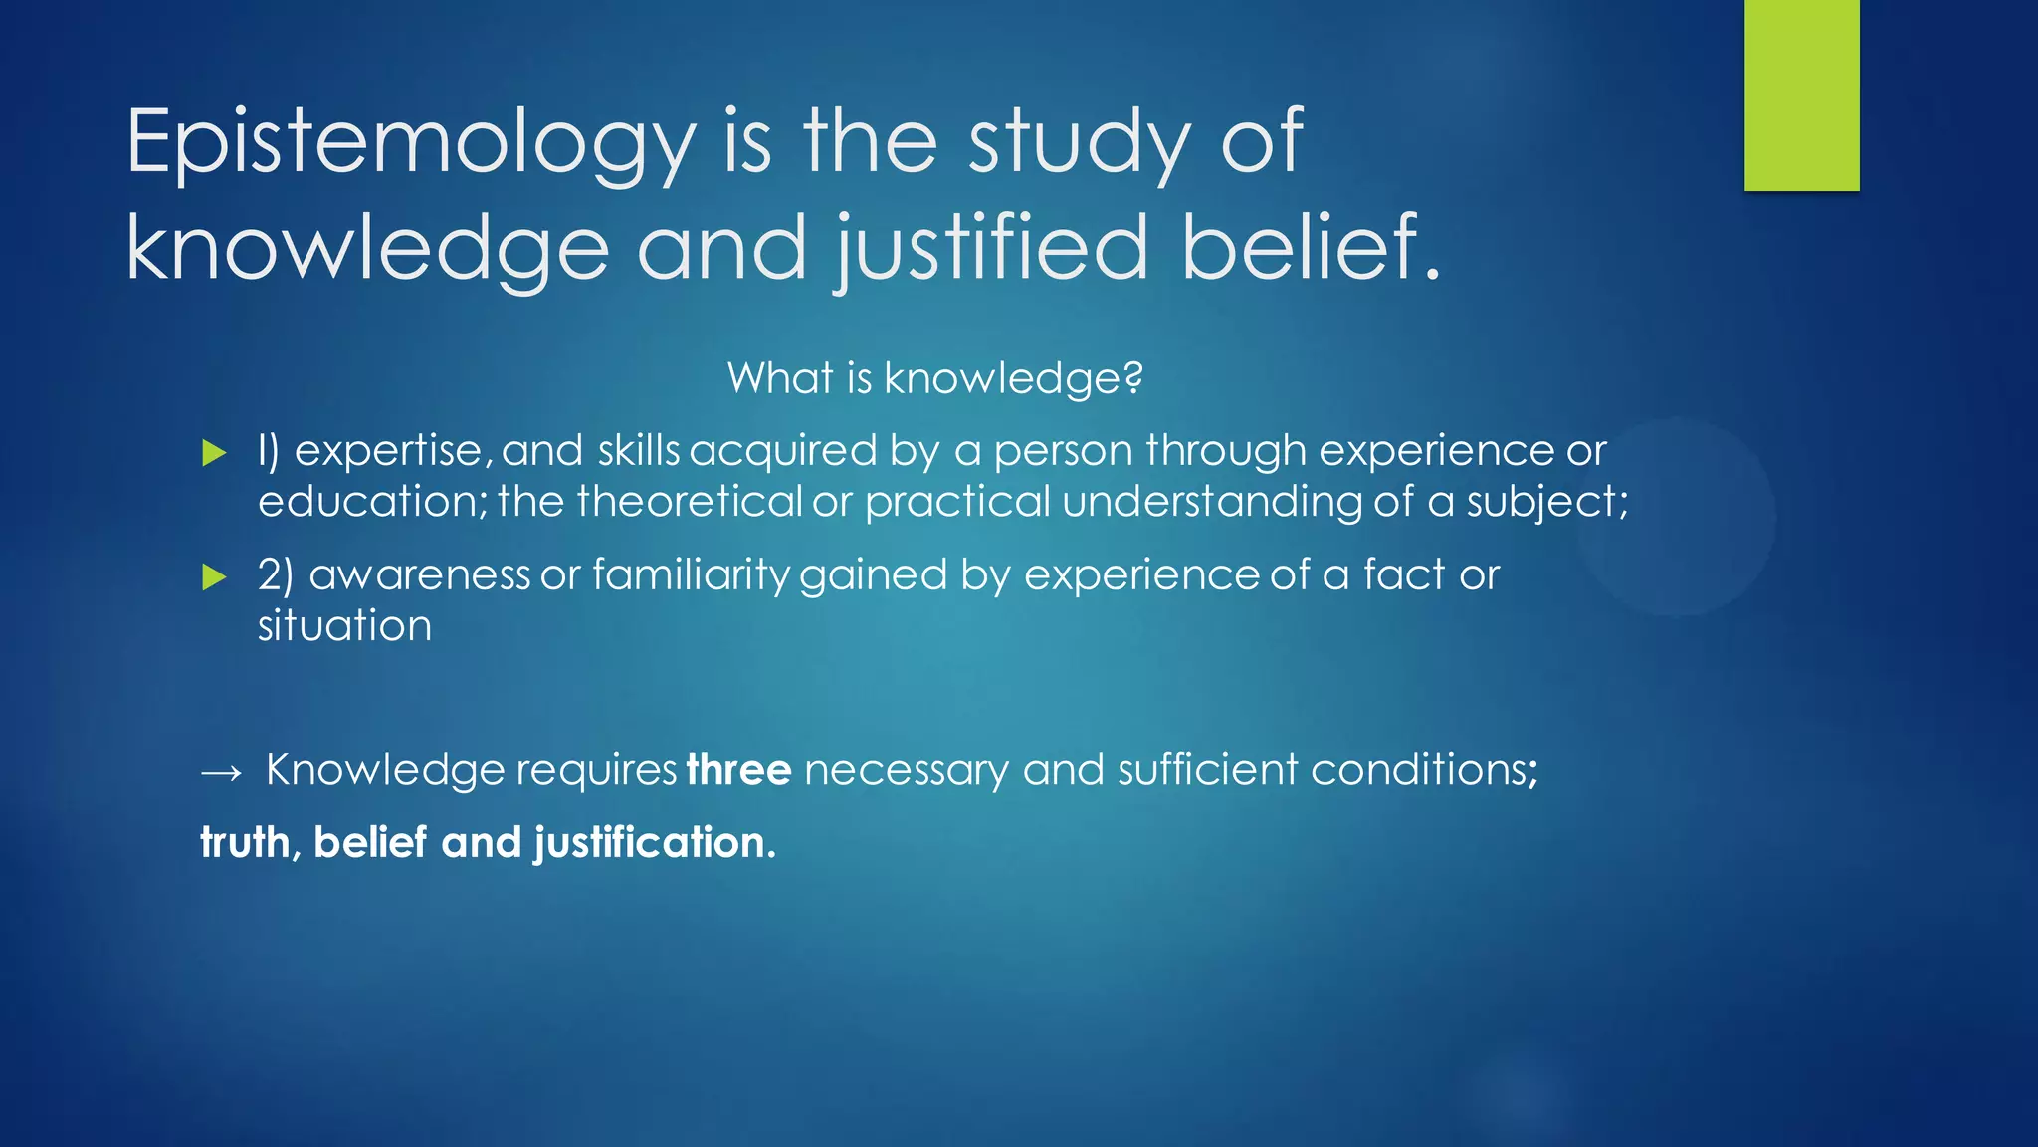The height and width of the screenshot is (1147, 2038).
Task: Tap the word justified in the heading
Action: pyautogui.click(x=991, y=249)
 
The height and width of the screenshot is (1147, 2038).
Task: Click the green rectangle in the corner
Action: pyautogui.click(x=1801, y=95)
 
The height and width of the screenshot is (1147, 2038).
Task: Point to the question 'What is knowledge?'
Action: pyautogui.click(x=934, y=378)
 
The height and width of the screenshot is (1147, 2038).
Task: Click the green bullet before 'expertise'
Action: pyautogui.click(x=214, y=454)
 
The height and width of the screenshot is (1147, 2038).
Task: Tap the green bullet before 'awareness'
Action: pyautogui.click(x=214, y=577)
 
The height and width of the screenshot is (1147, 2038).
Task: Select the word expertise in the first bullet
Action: pyautogui.click(x=389, y=452)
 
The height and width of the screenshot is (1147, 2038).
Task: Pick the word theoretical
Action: pyautogui.click(x=689, y=501)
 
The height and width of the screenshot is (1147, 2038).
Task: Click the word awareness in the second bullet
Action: pyautogui.click(x=419, y=575)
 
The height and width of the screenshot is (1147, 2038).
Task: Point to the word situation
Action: pyautogui.click(x=344, y=626)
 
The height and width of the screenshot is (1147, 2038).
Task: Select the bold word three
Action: pyautogui.click(x=738, y=770)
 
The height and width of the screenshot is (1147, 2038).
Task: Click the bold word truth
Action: pyautogui.click(x=245, y=843)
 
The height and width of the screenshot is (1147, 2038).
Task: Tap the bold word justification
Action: pyautogui.click(x=653, y=844)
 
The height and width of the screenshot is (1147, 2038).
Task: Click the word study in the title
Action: pyautogui.click(x=1080, y=144)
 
